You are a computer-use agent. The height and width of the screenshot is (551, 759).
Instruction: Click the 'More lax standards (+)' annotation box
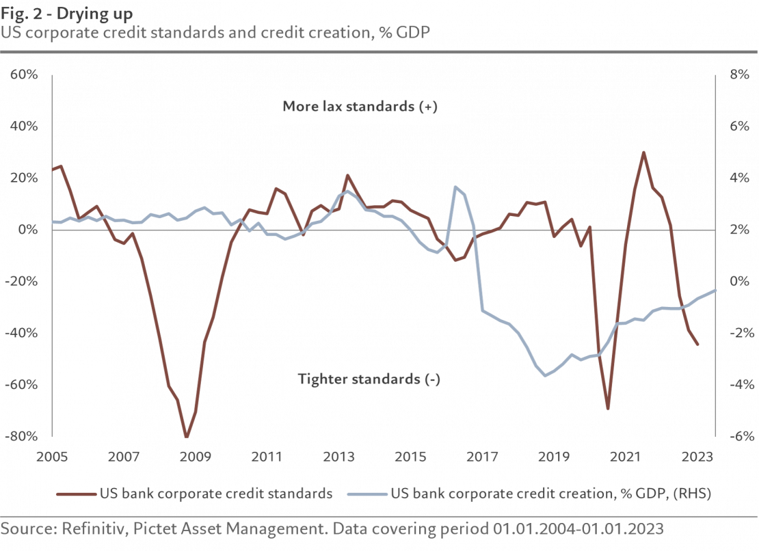pyautogui.click(x=364, y=107)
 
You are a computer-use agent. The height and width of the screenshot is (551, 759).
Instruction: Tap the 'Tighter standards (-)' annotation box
pyautogui.click(x=379, y=379)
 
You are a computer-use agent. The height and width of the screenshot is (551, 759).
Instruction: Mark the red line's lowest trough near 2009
pyautogui.click(x=186, y=436)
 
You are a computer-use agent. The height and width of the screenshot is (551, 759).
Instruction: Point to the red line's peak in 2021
pyautogui.click(x=643, y=152)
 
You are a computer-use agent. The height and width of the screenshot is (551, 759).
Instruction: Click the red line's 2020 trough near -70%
pyautogui.click(x=607, y=409)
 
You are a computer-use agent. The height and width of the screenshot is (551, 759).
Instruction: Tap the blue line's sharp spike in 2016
pyautogui.click(x=455, y=187)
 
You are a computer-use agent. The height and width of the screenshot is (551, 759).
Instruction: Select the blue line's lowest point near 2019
pyautogui.click(x=545, y=375)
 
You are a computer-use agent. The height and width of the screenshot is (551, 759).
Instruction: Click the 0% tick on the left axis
pyautogui.click(x=28, y=230)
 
